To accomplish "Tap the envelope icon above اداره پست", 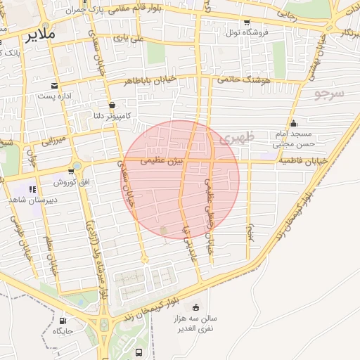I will click(x=55, y=84).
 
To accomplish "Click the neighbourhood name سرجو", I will click(x=329, y=93).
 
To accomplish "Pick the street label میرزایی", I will click(x=52, y=141).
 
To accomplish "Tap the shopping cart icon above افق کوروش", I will click(x=71, y=171).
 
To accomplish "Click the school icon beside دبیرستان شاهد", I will click(x=32, y=188).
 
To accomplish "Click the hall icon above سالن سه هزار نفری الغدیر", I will click(x=195, y=307).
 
